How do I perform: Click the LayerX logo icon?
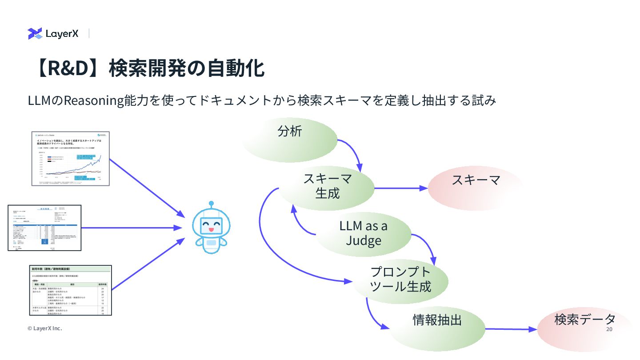(35, 33)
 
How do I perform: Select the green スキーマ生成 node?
(328, 187)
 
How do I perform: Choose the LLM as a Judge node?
(363, 233)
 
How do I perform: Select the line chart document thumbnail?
(71, 158)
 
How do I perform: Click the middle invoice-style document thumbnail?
(44, 228)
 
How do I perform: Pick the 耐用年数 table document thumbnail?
(71, 290)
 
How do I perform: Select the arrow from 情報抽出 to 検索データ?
(511, 329)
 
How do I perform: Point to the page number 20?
(609, 329)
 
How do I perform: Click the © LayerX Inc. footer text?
(44, 328)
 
